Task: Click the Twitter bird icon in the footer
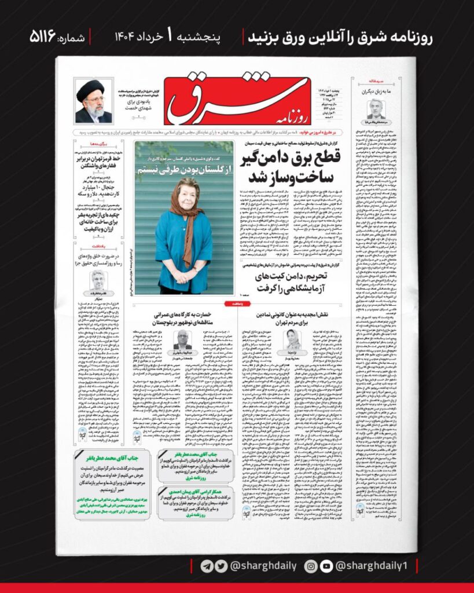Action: point(218,566)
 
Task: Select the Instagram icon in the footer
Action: point(311,566)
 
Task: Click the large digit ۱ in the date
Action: point(170,37)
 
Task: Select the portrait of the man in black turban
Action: point(93,102)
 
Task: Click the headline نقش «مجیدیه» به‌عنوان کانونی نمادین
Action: point(292,316)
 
